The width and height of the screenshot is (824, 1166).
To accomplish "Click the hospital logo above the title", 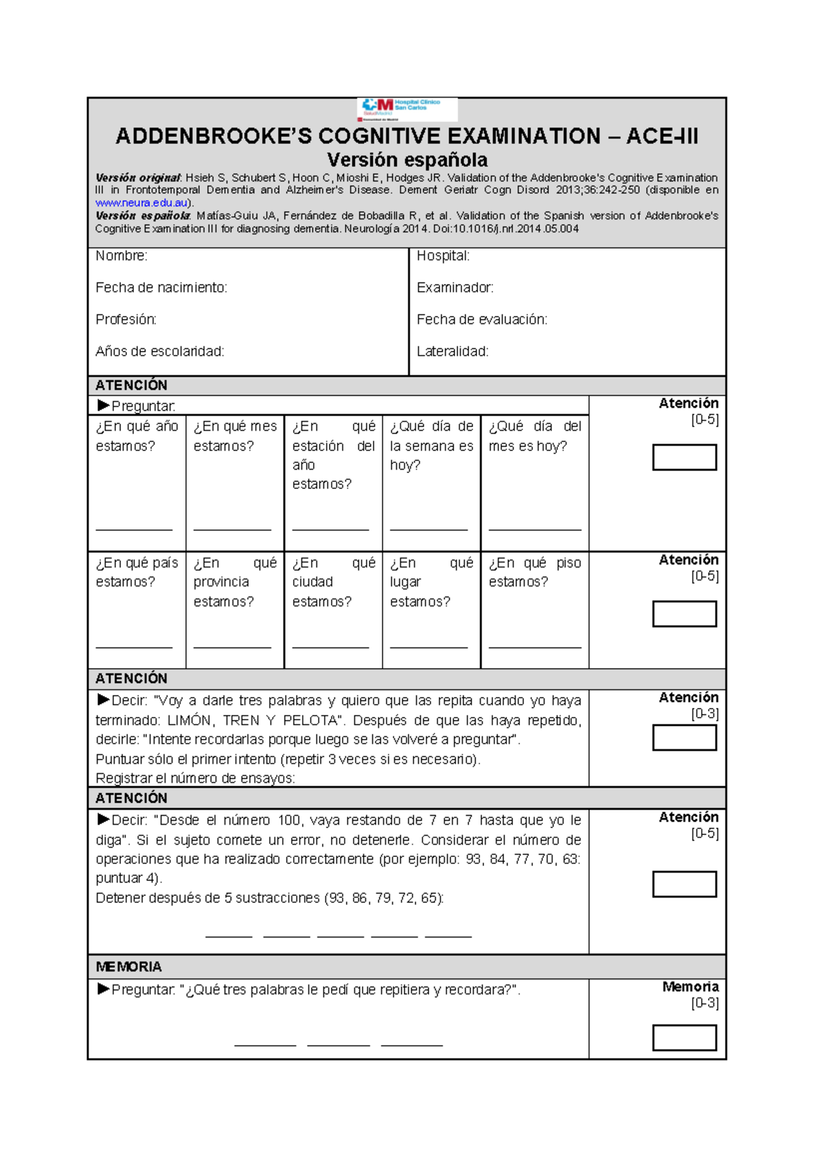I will pyautogui.click(x=407, y=108).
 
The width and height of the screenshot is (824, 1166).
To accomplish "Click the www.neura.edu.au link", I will pyautogui.click(x=142, y=203).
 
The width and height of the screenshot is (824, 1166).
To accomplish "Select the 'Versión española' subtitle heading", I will pyautogui.click(x=407, y=160).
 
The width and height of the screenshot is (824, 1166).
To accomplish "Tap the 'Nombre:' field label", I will pyautogui.click(x=122, y=256).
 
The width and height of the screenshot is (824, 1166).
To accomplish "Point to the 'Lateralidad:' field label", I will pyautogui.click(x=453, y=352).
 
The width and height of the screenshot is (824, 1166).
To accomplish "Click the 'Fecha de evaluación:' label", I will pyautogui.click(x=481, y=319).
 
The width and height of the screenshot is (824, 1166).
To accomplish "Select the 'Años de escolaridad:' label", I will pyautogui.click(x=160, y=352).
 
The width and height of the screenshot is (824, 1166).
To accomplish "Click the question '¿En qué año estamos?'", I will pyautogui.click(x=137, y=436).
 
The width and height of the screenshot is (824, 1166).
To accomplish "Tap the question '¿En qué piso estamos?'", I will pyautogui.click(x=534, y=572).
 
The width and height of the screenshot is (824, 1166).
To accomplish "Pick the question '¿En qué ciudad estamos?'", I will pyautogui.click(x=333, y=582).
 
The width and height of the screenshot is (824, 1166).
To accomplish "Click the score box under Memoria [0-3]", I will pyautogui.click(x=684, y=1038).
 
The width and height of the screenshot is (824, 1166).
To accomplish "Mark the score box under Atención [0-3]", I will pyautogui.click(x=684, y=738).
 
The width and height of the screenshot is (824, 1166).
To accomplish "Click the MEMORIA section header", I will pyautogui.click(x=128, y=967).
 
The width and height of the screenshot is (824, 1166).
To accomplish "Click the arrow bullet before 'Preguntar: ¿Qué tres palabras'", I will pyautogui.click(x=104, y=989).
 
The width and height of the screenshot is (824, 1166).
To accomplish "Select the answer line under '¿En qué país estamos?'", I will pyautogui.click(x=134, y=647).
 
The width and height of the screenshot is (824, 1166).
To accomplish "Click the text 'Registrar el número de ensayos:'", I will pyautogui.click(x=195, y=778).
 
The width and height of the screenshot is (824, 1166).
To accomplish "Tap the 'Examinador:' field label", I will pyautogui.click(x=455, y=288).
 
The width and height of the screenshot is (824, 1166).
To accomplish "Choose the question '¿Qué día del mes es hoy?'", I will pyautogui.click(x=534, y=436).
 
